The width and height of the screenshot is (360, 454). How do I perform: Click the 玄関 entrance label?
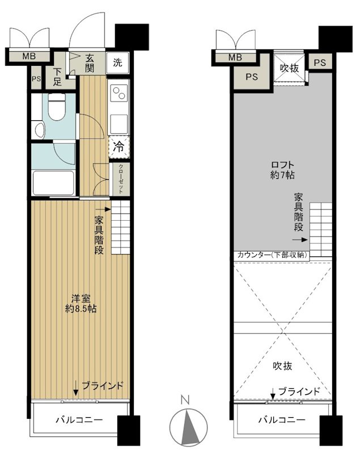tap(90, 62)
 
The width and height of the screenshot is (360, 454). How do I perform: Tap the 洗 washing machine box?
tap(117, 62)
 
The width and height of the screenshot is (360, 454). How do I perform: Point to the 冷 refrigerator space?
tap(119, 146)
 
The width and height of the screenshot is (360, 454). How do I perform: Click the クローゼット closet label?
tap(120, 179)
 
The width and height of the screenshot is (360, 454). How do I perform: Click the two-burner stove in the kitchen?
tap(119, 92)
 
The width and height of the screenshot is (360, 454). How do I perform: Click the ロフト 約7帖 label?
tap(282, 170)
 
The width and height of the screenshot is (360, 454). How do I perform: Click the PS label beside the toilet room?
tap(36, 79)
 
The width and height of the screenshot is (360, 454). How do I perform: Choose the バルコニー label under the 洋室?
tap(79, 420)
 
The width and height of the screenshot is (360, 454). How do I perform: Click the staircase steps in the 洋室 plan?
tap(121, 229)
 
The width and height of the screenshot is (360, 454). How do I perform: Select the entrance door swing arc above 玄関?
tap(87, 30)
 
